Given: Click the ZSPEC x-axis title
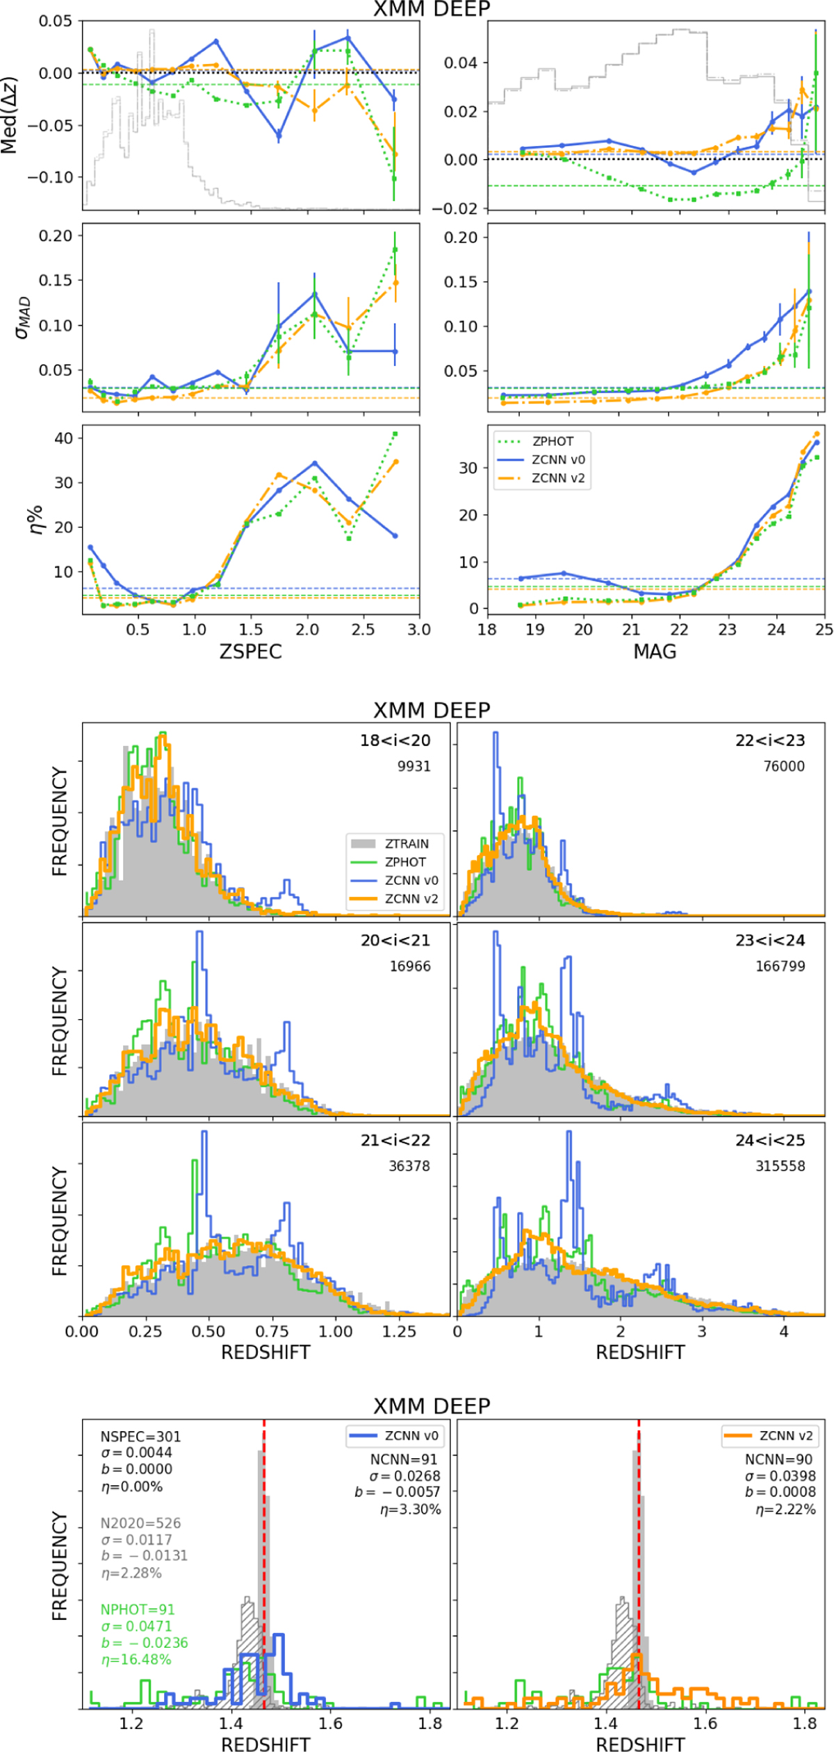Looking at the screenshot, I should click(250, 652).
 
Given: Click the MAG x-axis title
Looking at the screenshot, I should click(655, 652).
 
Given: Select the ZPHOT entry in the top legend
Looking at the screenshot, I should click(553, 441).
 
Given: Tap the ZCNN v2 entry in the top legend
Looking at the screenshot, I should click(557, 478).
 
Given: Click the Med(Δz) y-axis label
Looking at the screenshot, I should click(10, 115).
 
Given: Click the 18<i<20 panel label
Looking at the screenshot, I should click(395, 741).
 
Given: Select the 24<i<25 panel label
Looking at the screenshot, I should click(770, 1140).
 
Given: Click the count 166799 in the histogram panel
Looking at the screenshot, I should click(780, 966).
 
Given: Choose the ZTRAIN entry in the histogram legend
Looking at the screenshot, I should click(407, 843).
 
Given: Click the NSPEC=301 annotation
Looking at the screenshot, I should click(140, 1437).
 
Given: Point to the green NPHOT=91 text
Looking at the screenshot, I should click(138, 1610).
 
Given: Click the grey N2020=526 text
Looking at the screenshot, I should click(140, 1523).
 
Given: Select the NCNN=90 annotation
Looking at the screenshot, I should click(778, 1460).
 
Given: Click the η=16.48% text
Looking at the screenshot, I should click(136, 1660).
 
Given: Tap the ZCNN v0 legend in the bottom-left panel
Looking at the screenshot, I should click(411, 1436).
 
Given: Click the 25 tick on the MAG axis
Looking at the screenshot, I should click(824, 629).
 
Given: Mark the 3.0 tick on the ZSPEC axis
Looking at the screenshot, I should click(419, 629).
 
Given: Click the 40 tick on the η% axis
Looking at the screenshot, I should click(64, 438).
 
